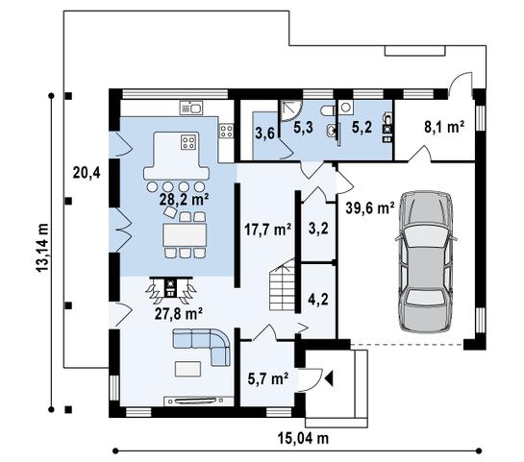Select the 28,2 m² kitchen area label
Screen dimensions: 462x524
click(185, 200)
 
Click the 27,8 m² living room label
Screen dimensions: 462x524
click(180, 312)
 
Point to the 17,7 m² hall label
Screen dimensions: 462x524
click(268, 230)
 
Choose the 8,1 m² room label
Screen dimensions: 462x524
click(445, 125)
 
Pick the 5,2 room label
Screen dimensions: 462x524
click(362, 125)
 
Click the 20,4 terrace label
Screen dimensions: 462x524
click(87, 173)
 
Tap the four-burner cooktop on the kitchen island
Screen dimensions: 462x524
click(187, 145)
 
